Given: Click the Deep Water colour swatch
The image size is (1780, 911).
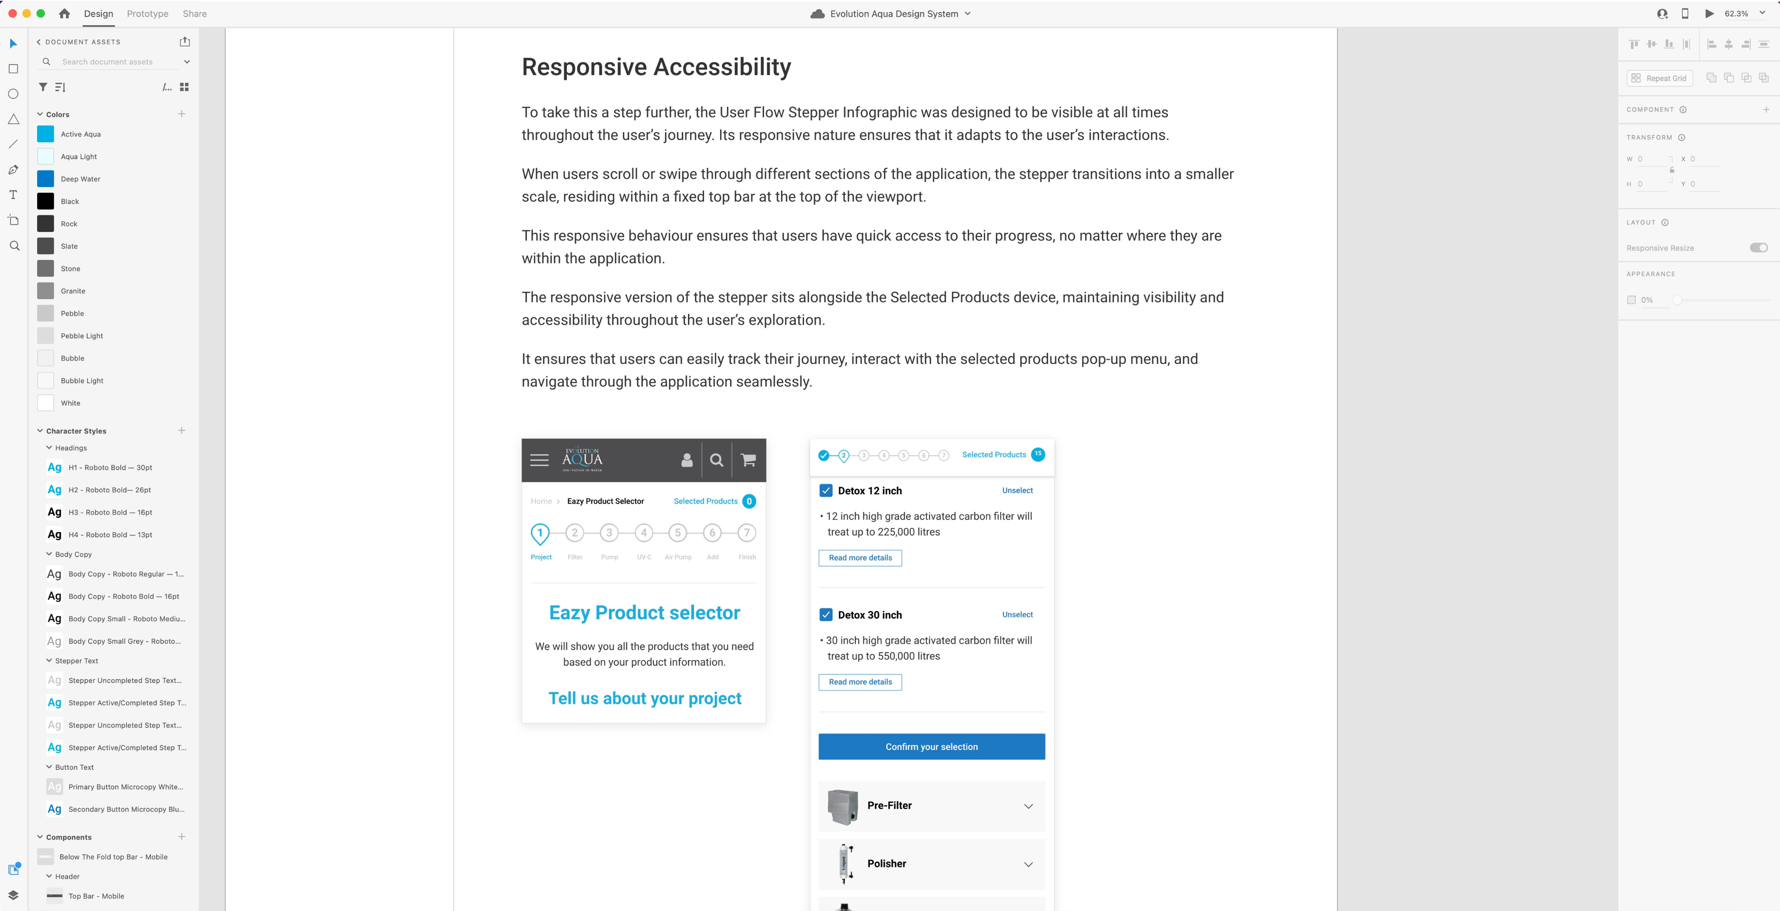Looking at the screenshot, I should coord(46,179).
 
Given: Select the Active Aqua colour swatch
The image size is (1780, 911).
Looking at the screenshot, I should coord(46,134).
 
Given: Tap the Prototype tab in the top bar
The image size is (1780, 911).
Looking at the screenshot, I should coord(147,14).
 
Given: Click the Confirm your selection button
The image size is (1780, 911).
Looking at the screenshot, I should coord(931,746).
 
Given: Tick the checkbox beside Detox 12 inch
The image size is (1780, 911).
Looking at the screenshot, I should coord(826,491).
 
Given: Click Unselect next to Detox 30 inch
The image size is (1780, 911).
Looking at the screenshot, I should coord(1017,614).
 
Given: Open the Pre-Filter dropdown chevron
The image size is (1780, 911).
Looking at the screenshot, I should coord(1028,806).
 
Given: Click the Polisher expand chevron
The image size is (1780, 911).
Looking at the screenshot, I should coord(1028,864).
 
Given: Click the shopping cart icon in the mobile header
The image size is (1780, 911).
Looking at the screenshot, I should coord(748,460).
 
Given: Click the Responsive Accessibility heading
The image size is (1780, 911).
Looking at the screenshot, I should coord(656,67).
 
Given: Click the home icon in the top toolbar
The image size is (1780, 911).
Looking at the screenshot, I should coord(64,14).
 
